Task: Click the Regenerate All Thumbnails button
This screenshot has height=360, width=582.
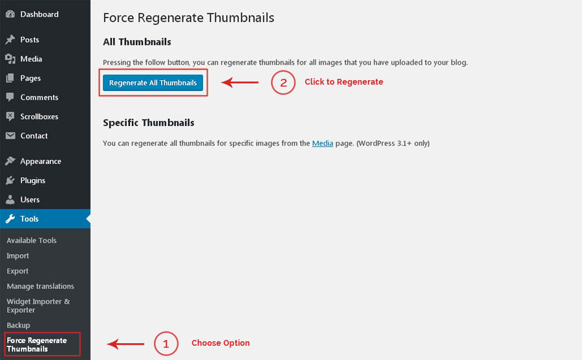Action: coord(153,83)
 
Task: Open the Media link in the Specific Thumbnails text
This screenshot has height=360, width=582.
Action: coord(323,143)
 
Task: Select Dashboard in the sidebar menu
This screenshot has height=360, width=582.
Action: coord(39,14)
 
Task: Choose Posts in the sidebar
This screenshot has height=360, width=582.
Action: coord(30,39)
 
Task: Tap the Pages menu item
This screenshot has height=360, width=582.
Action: coord(30,78)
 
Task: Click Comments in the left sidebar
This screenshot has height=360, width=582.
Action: coord(39,98)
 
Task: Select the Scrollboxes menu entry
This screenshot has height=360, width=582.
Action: coord(39,116)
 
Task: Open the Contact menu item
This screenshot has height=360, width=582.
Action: coord(34,136)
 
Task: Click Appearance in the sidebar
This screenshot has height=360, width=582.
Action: coord(41,162)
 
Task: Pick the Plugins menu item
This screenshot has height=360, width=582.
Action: coord(33,181)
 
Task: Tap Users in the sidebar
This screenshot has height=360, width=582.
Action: coord(30,200)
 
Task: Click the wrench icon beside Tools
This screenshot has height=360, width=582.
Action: coord(10,218)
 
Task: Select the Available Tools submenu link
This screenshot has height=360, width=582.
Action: coord(32,240)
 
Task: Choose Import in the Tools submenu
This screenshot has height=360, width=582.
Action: coord(17,256)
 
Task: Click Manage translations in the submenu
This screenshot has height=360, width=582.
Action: coord(40,286)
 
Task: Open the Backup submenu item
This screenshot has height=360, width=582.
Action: coord(18,325)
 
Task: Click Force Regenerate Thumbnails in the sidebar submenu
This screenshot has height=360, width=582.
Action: coord(37,344)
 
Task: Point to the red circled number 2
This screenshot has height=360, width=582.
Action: coord(283,82)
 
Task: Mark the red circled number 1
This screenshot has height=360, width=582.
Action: coord(166,344)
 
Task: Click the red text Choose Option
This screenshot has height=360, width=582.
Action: coord(221,343)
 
